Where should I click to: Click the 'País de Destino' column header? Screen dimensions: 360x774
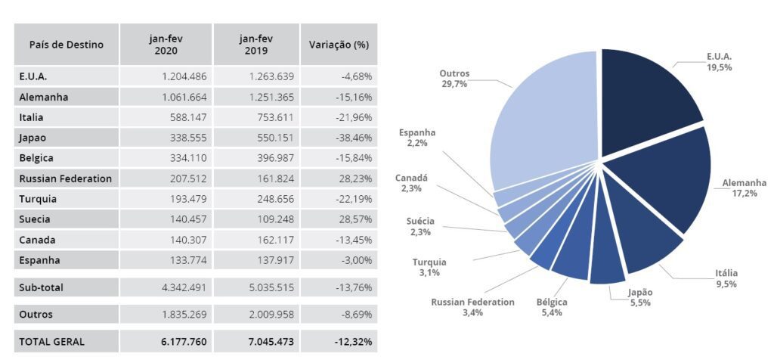pos(66,45)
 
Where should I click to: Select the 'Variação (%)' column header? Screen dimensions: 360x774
pos(339,45)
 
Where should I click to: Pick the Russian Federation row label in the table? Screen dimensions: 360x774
pos(66,179)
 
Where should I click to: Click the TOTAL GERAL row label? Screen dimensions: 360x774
pos(52,342)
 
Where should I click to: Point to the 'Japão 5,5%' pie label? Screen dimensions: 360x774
pos(639,297)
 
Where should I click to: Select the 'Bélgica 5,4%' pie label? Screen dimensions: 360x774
pos(552,306)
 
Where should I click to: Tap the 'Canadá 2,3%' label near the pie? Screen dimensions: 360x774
pos(411,183)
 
